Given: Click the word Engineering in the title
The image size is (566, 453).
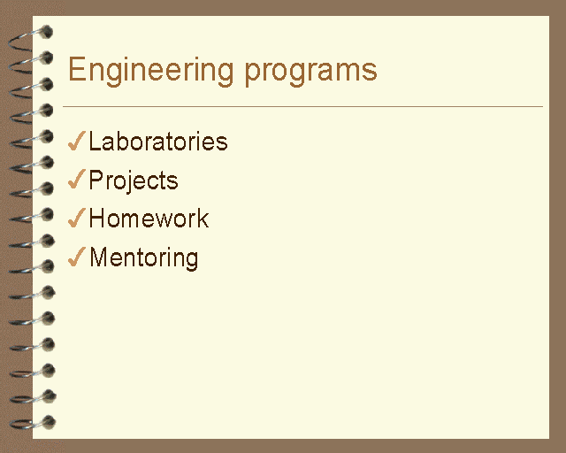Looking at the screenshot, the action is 151,71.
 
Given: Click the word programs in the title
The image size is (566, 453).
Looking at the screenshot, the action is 310,73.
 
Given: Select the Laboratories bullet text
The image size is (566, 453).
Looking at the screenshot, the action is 158,142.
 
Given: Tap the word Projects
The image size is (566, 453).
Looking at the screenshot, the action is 134,180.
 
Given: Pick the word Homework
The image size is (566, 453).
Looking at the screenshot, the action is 149,219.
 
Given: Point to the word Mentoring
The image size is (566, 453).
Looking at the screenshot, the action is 143,258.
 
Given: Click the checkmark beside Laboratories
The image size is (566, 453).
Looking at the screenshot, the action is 77,141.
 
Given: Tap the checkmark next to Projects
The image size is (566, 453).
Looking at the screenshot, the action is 77,179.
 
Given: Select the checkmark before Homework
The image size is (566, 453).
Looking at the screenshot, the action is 77,218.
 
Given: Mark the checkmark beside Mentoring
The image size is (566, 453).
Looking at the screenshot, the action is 77,257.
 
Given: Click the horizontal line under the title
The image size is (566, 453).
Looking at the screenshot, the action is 302,106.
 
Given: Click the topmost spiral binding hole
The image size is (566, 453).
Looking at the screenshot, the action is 47,32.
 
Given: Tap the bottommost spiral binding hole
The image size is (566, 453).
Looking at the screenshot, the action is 49,422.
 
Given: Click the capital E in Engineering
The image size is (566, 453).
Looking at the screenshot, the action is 76,69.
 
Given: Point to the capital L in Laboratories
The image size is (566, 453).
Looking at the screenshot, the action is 95,141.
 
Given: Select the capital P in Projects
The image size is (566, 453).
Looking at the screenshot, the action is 96,180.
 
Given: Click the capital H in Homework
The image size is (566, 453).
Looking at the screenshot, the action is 97,218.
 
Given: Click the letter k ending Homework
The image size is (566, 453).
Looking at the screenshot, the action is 203,218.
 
